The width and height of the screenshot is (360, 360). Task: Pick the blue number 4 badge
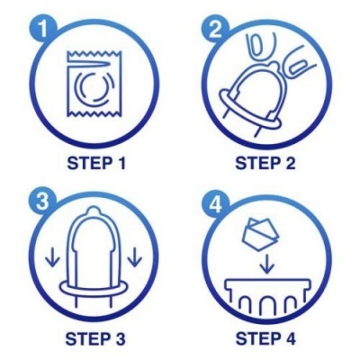[214, 200]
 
